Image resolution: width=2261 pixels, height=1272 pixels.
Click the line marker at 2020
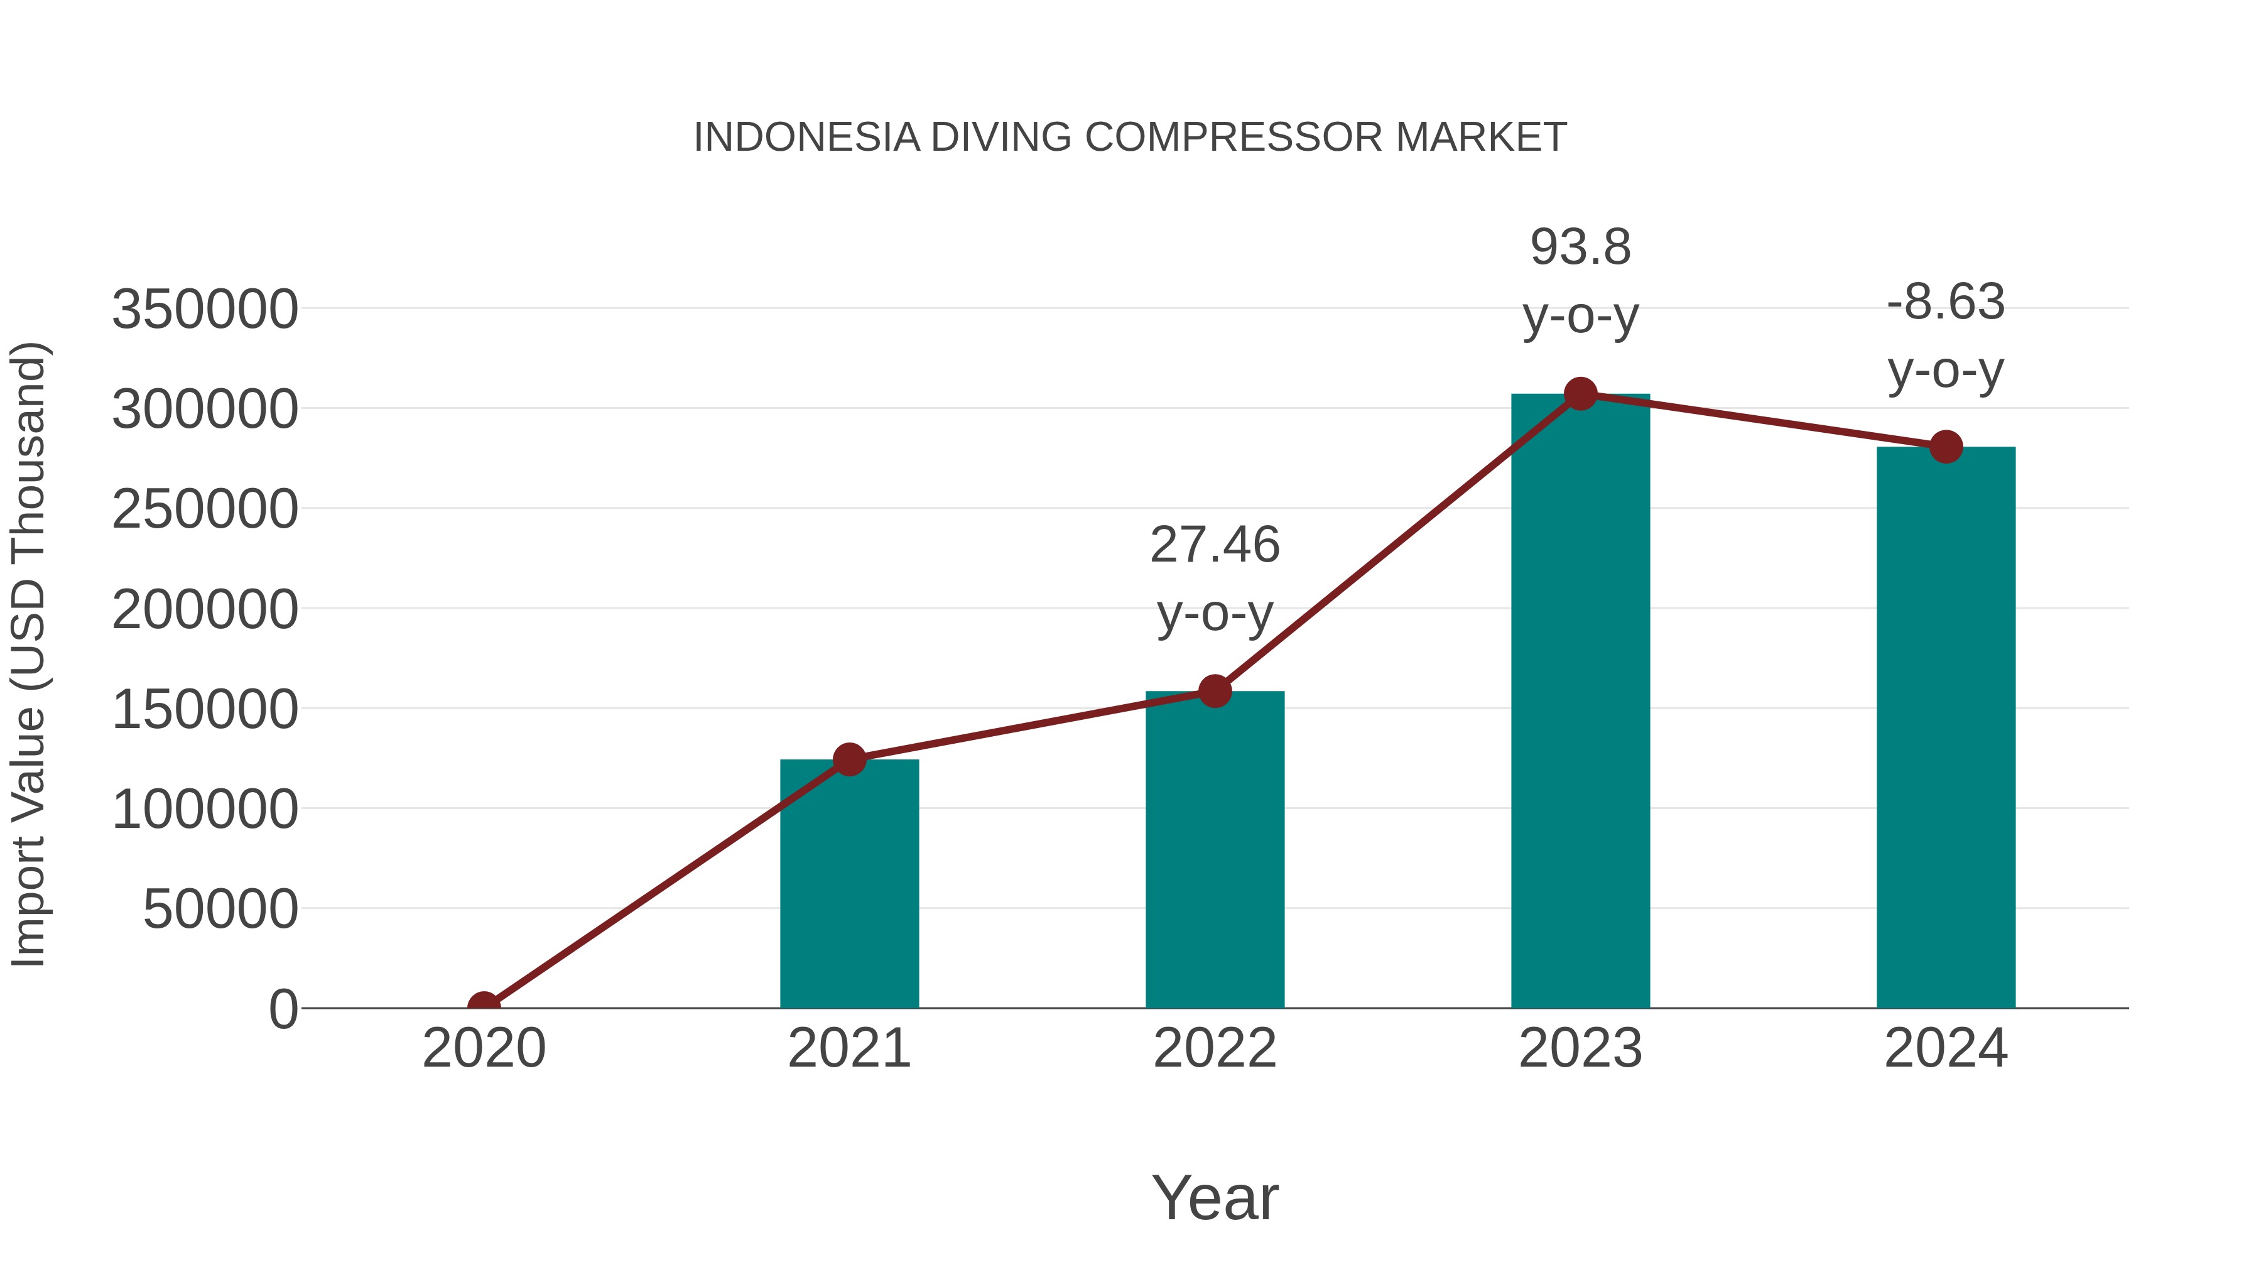tap(484, 1006)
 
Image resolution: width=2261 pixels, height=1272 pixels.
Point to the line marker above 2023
tap(1580, 394)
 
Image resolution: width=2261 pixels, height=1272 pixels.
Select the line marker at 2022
tap(1215, 692)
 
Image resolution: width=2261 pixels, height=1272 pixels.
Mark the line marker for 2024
tap(1946, 447)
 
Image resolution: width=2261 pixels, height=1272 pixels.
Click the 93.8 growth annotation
tap(1580, 247)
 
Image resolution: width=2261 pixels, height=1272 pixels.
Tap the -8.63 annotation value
tap(1946, 302)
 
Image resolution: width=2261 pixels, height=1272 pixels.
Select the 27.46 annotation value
tap(1215, 545)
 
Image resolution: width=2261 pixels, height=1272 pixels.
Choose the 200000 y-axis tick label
tap(205, 609)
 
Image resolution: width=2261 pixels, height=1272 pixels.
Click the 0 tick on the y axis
tap(283, 1009)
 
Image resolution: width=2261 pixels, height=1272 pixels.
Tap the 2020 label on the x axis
tap(484, 1048)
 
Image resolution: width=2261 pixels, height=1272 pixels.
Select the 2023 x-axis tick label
tap(1580, 1048)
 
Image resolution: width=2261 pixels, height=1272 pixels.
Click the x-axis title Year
tap(1215, 1197)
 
